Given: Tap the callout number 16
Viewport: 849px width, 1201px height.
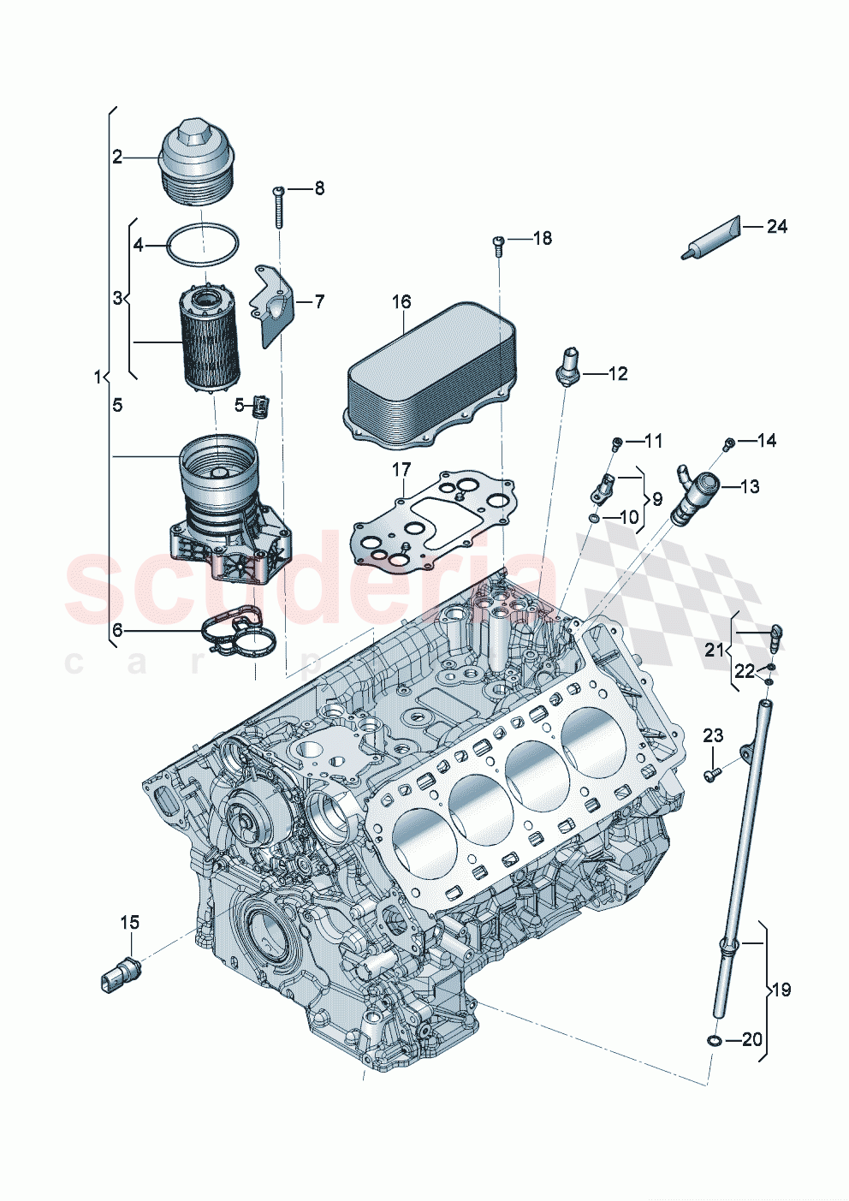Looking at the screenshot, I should click(401, 301).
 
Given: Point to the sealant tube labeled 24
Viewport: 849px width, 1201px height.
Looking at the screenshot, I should click(709, 238).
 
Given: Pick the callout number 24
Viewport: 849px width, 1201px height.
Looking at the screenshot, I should click(776, 227).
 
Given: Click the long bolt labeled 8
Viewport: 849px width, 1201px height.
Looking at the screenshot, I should click(279, 206).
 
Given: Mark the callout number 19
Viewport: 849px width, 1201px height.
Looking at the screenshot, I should click(781, 990).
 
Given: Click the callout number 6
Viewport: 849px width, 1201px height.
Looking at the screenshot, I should click(117, 631).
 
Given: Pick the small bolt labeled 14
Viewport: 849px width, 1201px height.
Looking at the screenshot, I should click(728, 443).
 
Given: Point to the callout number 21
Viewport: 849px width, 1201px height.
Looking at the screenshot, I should click(715, 650).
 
